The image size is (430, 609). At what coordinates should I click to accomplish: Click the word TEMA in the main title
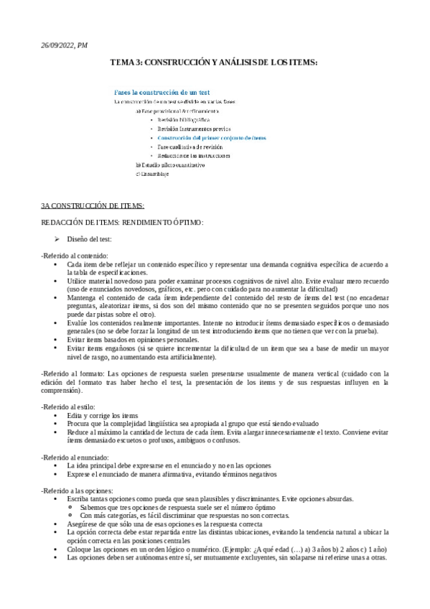pos(121,63)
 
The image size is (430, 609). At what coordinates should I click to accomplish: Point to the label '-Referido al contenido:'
pos(75,256)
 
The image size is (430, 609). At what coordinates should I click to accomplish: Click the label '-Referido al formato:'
pos(73,373)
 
